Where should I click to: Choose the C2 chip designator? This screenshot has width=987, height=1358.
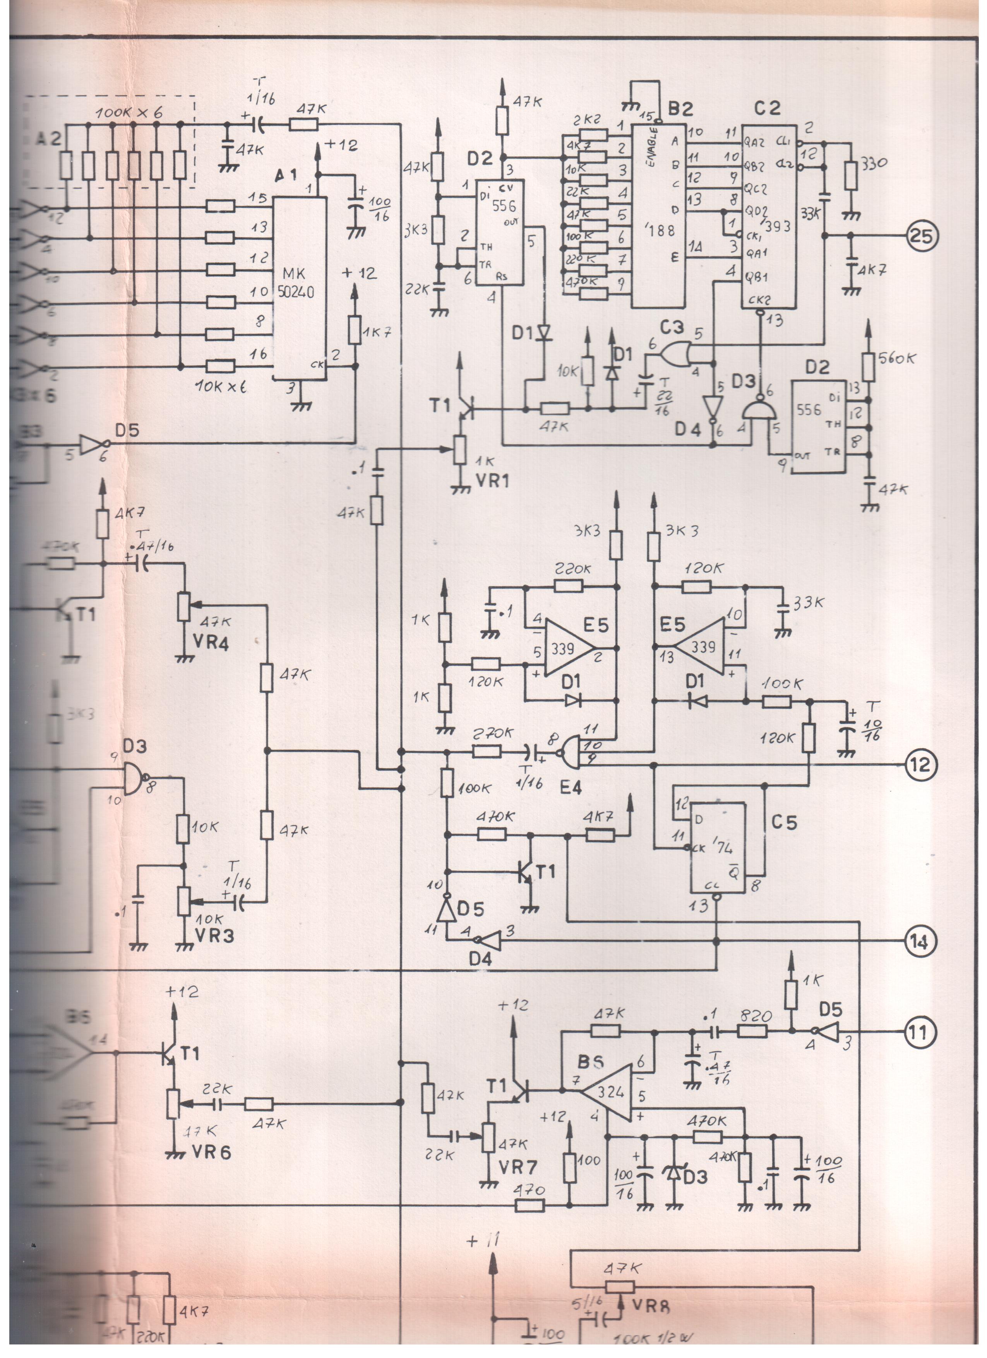[x=767, y=108]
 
